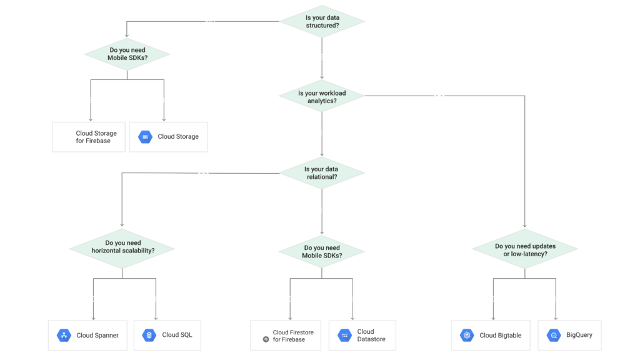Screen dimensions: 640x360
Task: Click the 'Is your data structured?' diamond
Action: point(322,21)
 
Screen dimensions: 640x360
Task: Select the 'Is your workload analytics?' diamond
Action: point(322,96)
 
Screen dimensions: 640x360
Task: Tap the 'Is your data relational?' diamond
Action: point(322,173)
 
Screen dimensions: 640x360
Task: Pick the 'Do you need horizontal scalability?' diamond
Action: point(122,248)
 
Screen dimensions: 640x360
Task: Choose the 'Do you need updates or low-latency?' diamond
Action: point(525,249)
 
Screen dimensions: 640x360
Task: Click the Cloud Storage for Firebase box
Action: point(89,137)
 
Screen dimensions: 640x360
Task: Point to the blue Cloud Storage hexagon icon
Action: point(145,137)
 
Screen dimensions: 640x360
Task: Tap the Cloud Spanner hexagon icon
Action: point(64,335)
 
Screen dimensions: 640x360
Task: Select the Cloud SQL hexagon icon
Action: point(149,335)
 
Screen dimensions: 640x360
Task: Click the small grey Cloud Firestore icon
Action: point(266,339)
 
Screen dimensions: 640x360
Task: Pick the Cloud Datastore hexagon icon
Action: point(345,335)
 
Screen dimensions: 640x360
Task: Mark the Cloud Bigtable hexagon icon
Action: point(467,335)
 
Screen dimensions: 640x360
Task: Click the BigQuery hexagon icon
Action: point(554,335)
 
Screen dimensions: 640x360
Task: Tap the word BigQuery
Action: point(579,335)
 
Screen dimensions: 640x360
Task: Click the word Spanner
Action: point(107,336)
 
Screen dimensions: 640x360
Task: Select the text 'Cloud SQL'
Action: point(177,335)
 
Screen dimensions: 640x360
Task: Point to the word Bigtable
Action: point(509,336)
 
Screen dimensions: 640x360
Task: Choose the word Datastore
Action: point(371,339)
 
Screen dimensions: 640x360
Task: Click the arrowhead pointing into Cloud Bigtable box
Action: point(494,318)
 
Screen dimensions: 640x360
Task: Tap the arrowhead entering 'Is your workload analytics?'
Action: point(322,77)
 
